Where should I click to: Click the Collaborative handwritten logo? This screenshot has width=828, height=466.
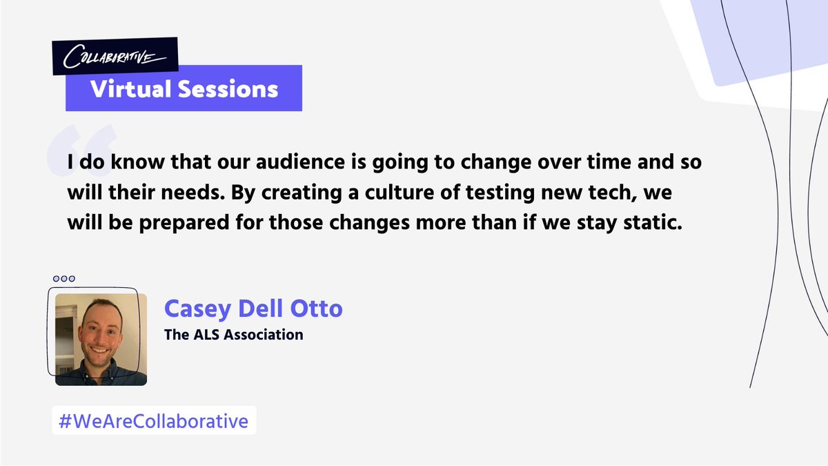pyautogui.click(x=115, y=57)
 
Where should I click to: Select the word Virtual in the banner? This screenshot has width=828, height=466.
pyautogui.click(x=131, y=89)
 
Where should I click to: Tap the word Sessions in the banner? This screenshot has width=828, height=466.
pyautogui.click(x=228, y=89)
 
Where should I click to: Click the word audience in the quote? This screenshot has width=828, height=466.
pyautogui.click(x=300, y=162)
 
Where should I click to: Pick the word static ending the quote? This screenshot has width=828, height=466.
pyautogui.click(x=653, y=222)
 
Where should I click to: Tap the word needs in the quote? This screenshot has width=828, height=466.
pyautogui.click(x=193, y=193)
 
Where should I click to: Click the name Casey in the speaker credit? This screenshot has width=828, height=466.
pyautogui.click(x=198, y=309)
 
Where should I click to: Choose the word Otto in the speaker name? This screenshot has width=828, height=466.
pyautogui.click(x=317, y=309)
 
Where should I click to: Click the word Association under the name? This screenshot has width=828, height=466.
pyautogui.click(x=264, y=334)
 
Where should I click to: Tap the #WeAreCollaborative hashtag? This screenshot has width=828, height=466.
pyautogui.click(x=154, y=421)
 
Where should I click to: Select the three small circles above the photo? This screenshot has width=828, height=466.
pyautogui.click(x=64, y=278)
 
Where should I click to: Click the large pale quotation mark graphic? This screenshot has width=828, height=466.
pyautogui.click(x=81, y=150)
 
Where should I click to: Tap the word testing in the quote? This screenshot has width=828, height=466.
pyautogui.click(x=500, y=193)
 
